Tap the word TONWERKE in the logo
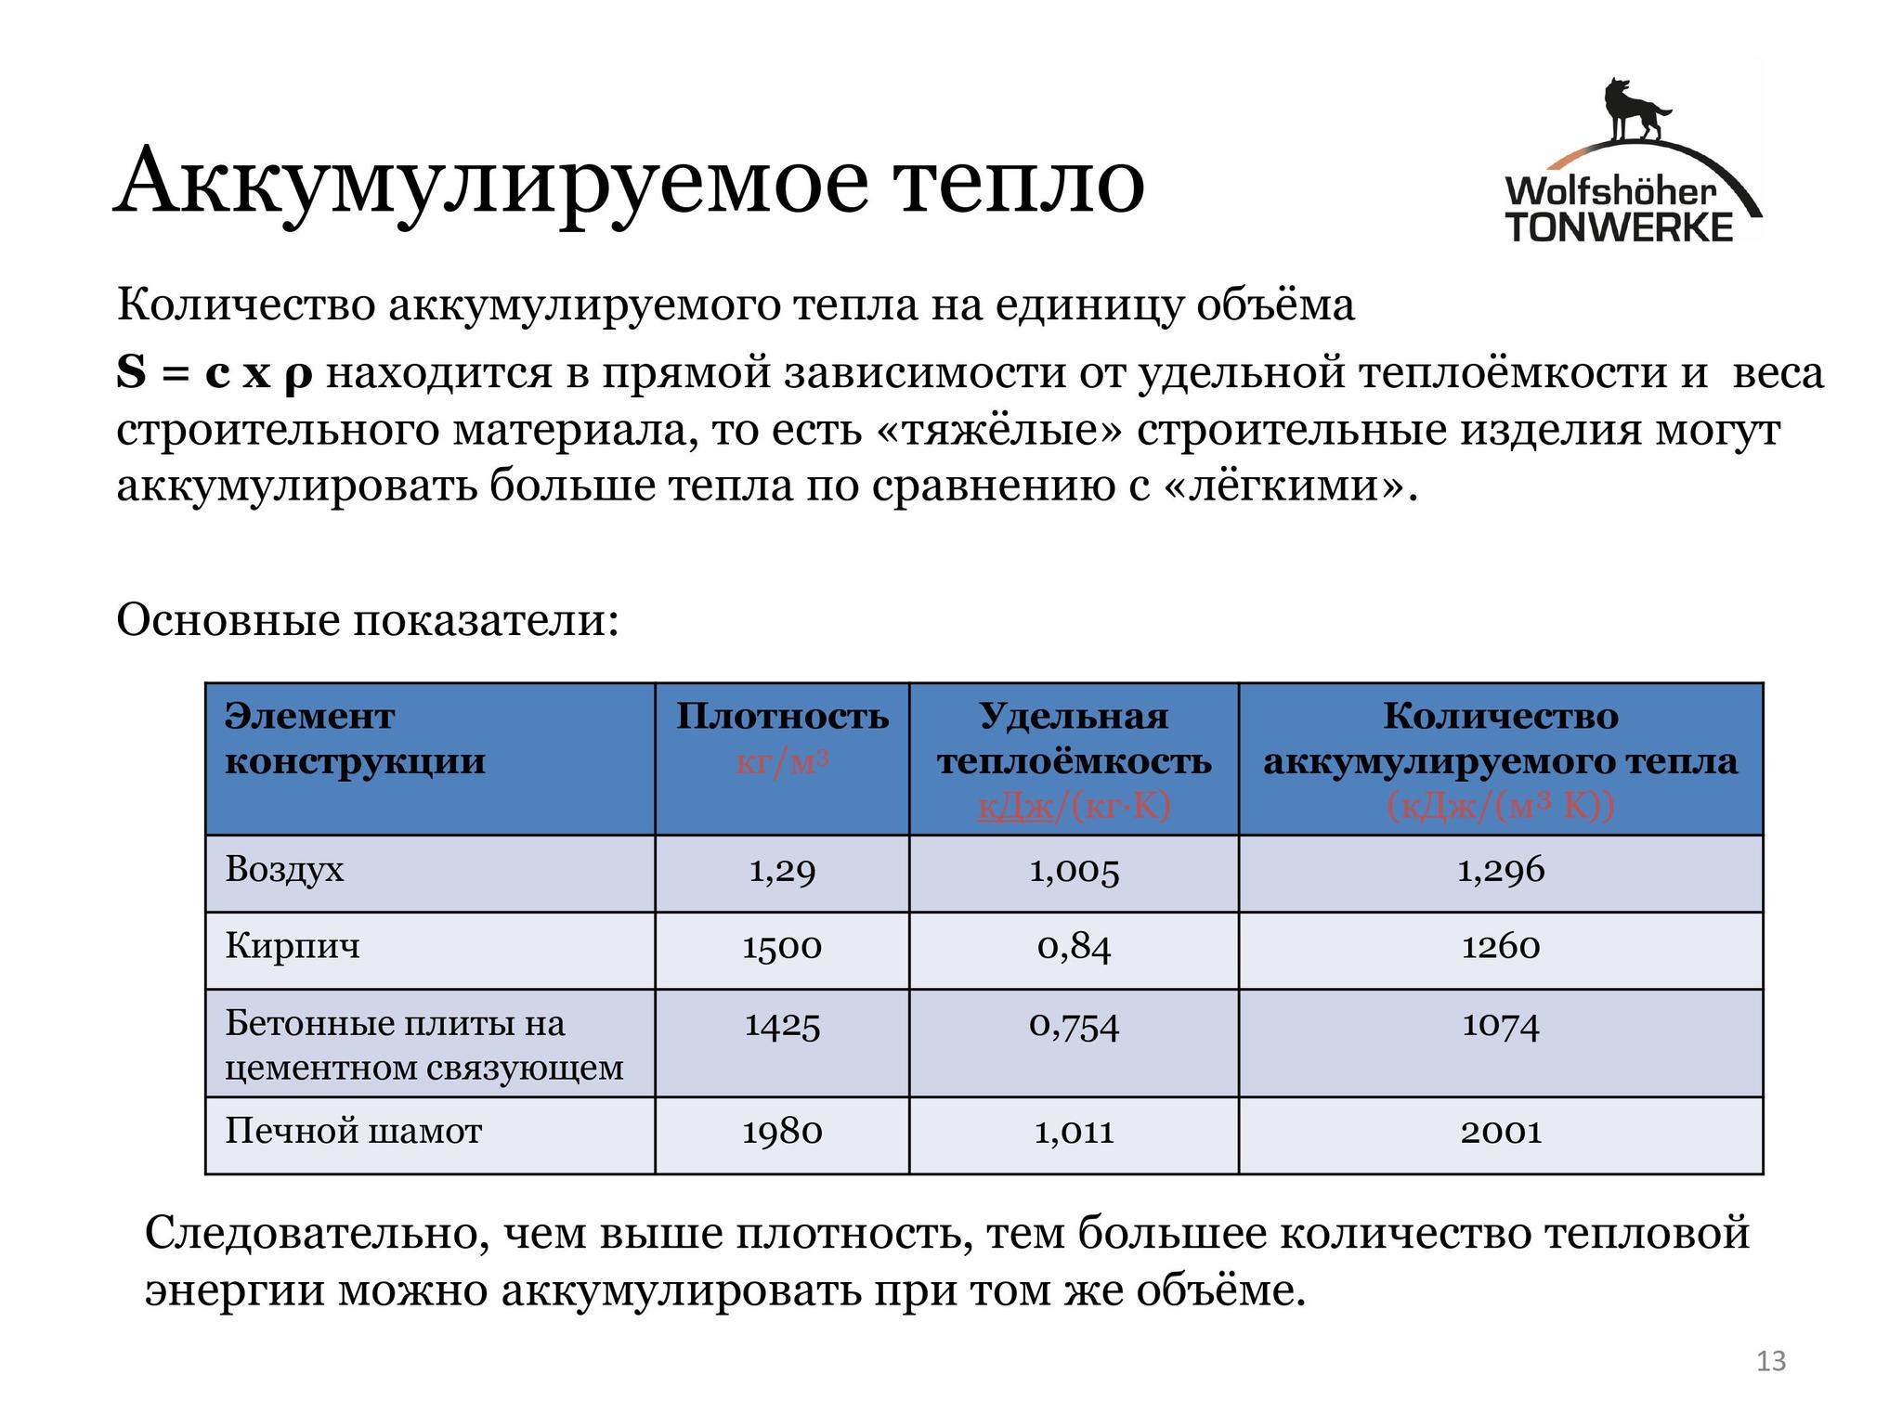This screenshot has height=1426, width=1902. [x=1619, y=227]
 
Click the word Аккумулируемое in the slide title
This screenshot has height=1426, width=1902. [x=492, y=181]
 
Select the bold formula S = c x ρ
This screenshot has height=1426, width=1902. [x=215, y=372]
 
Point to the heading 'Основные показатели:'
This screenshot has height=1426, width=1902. [x=368, y=619]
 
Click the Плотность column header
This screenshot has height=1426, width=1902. [x=782, y=717]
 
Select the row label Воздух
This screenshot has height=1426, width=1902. [x=284, y=870]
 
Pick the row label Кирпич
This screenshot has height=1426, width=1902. [x=293, y=947]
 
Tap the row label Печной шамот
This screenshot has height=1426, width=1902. [x=354, y=1132]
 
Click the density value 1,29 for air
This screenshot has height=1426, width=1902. [x=782, y=871]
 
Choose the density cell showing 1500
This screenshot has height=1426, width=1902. [x=782, y=948]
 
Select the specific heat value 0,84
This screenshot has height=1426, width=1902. [x=1074, y=948]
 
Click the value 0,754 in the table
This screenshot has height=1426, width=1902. [x=1074, y=1026]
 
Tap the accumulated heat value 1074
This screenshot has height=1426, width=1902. [x=1501, y=1026]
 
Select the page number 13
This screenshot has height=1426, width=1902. [x=1771, y=1361]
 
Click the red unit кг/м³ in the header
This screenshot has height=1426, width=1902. [x=782, y=762]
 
